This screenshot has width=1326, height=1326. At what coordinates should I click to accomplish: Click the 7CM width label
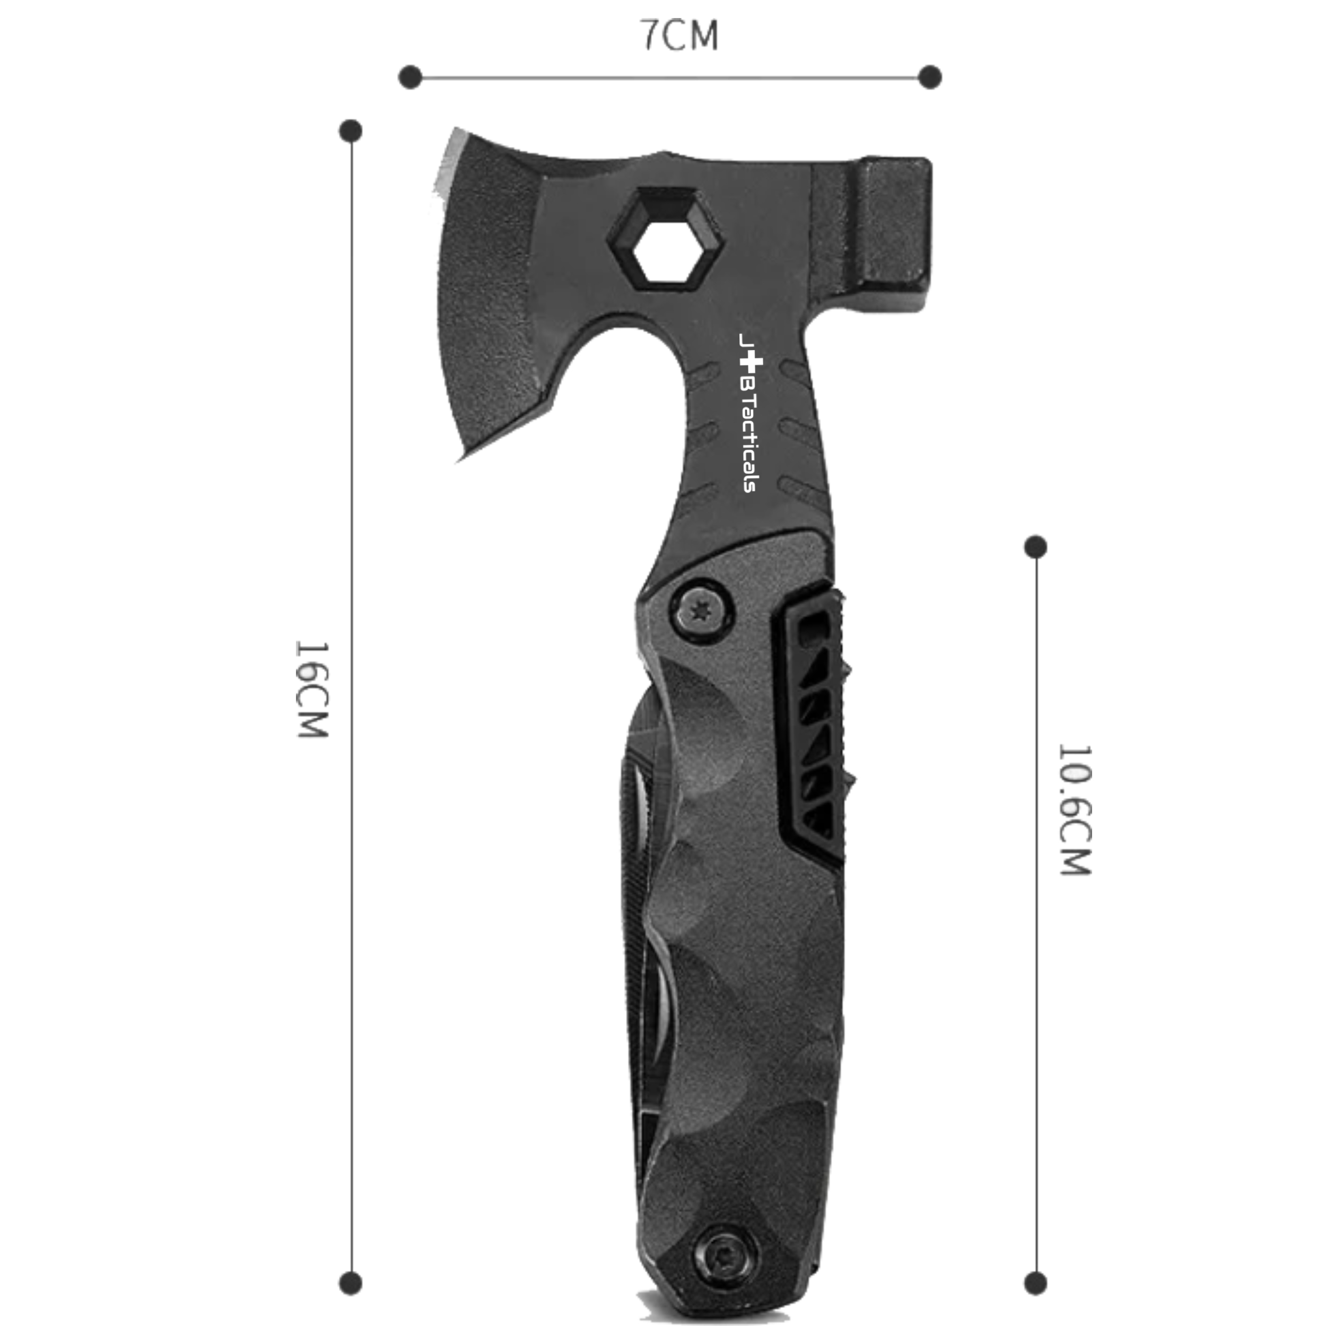(x=679, y=36)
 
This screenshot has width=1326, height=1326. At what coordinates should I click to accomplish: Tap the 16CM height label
(x=312, y=689)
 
